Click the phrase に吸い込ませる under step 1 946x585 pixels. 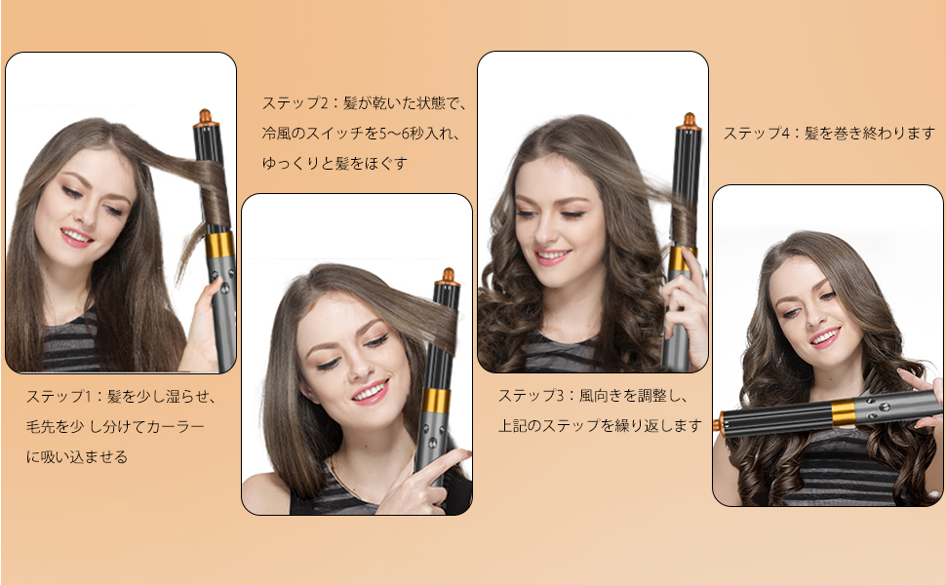[77, 456]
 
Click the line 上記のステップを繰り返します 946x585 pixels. [600, 426]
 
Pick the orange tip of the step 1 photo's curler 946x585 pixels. [205, 118]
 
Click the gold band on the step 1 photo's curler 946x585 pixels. [220, 245]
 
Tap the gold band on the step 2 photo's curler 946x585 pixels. [437, 401]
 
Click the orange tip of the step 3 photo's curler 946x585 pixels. [689, 121]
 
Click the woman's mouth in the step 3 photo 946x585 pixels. [552, 256]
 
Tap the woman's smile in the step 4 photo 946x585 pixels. [825, 337]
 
